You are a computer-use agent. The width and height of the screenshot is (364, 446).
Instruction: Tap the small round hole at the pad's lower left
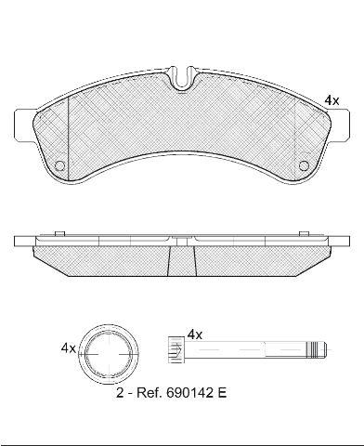[59, 165]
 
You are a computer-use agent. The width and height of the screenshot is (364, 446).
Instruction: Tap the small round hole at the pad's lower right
[304, 165]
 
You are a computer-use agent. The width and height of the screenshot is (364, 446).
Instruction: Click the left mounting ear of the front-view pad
[23, 125]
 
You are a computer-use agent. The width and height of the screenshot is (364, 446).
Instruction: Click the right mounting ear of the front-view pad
[340, 125]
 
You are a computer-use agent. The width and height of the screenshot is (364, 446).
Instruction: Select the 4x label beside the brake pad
[331, 100]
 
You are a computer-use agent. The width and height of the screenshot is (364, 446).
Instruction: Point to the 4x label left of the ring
[68, 348]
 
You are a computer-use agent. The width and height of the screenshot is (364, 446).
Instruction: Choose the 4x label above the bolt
[195, 334]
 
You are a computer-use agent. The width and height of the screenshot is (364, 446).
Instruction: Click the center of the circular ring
[109, 354]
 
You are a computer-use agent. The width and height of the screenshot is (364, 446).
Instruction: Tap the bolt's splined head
[175, 349]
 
